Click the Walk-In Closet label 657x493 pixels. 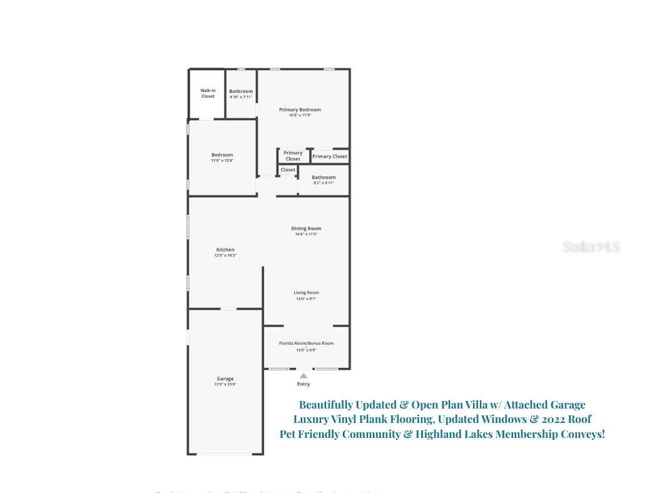pos(208,93)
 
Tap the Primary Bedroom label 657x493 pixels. pos(300,109)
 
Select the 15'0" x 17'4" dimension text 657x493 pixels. pos(300,115)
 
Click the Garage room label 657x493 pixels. pos(225,379)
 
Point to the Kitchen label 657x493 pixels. pos(225,250)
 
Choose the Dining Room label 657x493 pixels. pos(306,228)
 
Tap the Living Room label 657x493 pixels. pos(306,292)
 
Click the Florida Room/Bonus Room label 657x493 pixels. pos(306,343)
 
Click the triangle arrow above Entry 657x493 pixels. pos(303,375)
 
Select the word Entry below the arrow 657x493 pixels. pos(303,384)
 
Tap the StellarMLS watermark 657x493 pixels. pos(591,246)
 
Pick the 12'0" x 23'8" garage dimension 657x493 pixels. pos(225,384)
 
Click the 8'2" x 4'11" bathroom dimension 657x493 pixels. pos(323,183)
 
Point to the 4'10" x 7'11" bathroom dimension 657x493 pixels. pos(241,97)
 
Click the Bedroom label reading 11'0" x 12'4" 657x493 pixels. pos(222,155)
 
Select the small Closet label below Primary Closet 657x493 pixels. pos(288,170)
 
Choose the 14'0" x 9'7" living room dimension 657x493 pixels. pos(306,298)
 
